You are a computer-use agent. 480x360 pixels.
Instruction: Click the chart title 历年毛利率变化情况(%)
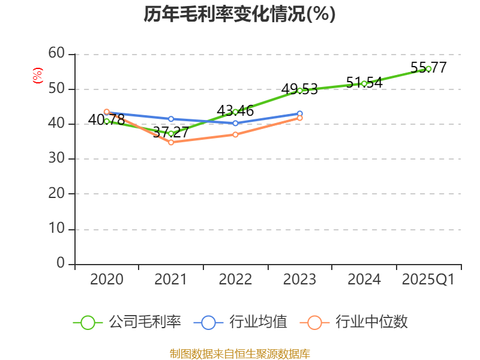click(239, 14)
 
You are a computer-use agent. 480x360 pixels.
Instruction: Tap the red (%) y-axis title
click(37, 76)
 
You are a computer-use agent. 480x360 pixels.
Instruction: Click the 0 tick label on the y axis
click(60, 264)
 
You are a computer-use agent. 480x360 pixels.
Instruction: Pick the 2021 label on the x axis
click(171, 280)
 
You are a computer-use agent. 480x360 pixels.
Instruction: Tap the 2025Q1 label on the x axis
click(428, 280)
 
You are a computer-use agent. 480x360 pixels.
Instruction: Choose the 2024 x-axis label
click(364, 280)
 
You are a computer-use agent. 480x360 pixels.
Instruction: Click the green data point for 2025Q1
click(428, 68)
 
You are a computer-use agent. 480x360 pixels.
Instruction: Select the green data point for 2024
click(364, 83)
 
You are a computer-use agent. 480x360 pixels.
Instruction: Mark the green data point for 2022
click(235, 112)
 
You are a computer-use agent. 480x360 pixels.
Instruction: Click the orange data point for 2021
click(171, 142)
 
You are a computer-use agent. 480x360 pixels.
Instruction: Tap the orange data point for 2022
click(235, 134)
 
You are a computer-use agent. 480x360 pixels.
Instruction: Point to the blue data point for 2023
click(300, 113)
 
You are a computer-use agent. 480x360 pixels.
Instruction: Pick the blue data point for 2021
click(171, 119)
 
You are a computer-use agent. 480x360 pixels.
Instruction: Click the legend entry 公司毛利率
click(127, 322)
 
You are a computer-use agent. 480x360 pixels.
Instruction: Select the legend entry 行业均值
click(241, 322)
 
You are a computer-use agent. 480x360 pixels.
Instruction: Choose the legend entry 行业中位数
click(358, 322)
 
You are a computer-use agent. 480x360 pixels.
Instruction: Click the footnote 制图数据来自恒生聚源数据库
click(239, 353)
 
